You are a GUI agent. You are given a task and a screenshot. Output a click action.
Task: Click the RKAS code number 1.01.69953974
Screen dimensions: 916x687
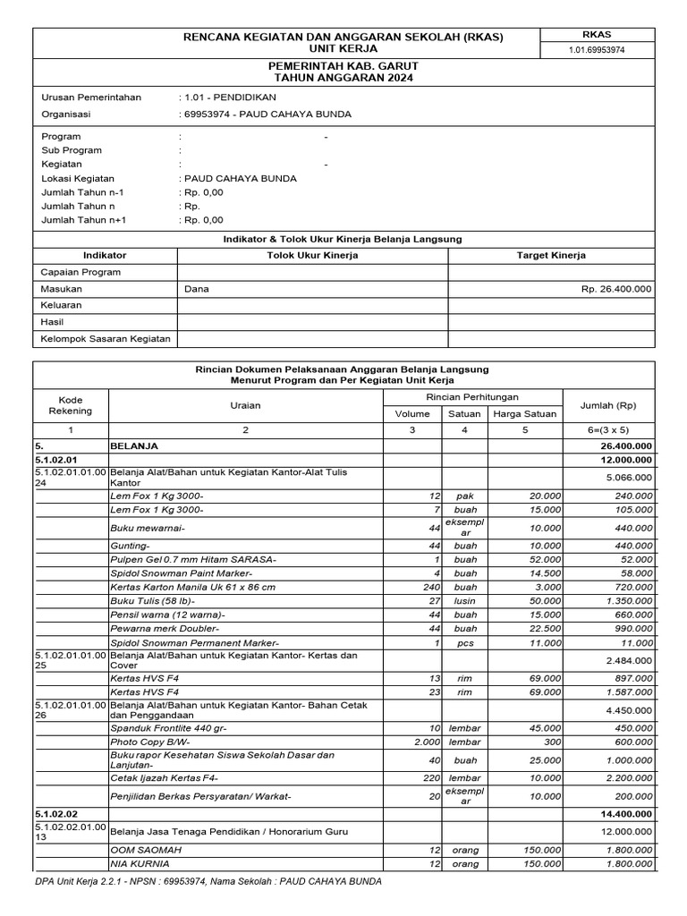pos(597,50)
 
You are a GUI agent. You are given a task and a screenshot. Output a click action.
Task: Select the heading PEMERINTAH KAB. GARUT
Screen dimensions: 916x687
pos(343,67)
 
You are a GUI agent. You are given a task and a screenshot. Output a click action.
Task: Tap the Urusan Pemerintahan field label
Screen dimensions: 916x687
pos(91,98)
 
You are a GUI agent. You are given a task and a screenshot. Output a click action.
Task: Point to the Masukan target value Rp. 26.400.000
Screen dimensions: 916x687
pos(616,289)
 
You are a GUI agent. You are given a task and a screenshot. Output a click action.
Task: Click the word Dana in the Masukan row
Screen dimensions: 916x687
pos(197,289)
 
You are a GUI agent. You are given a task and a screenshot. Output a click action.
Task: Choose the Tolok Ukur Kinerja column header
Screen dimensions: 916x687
pos(312,256)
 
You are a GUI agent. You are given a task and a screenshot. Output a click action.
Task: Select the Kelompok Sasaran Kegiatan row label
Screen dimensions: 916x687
pos(106,338)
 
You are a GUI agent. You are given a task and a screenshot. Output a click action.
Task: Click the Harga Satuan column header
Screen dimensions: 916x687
pos(525,413)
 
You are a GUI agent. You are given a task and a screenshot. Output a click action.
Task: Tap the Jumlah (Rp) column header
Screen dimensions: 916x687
pos(608,405)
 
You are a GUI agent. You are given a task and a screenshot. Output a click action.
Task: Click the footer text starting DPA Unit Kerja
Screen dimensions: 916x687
pos(208,881)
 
